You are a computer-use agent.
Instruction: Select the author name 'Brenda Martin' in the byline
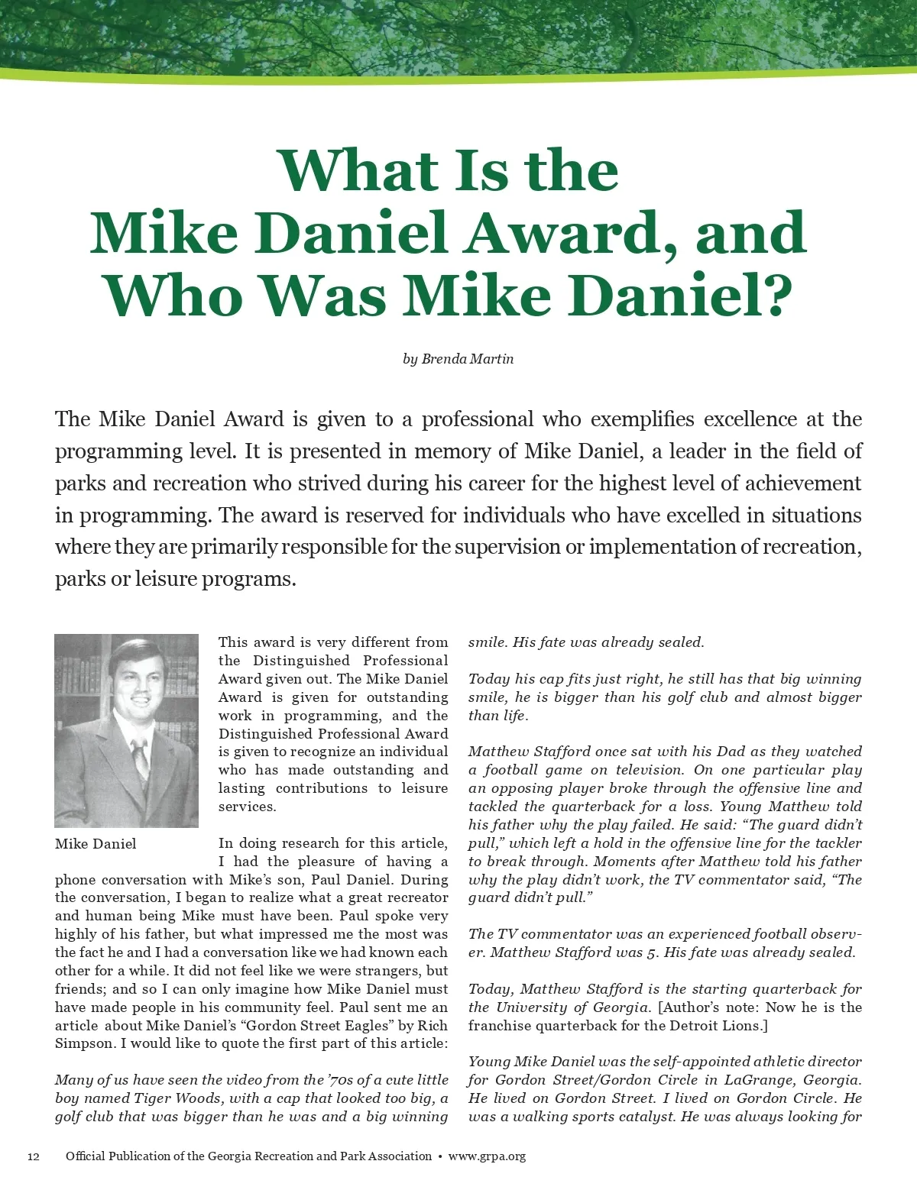click(x=468, y=358)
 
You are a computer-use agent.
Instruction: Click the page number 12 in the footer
click(x=34, y=1156)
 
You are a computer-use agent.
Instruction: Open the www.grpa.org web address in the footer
click(x=487, y=1156)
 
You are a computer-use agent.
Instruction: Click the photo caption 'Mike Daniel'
click(x=96, y=844)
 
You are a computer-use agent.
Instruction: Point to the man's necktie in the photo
click(x=141, y=757)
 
